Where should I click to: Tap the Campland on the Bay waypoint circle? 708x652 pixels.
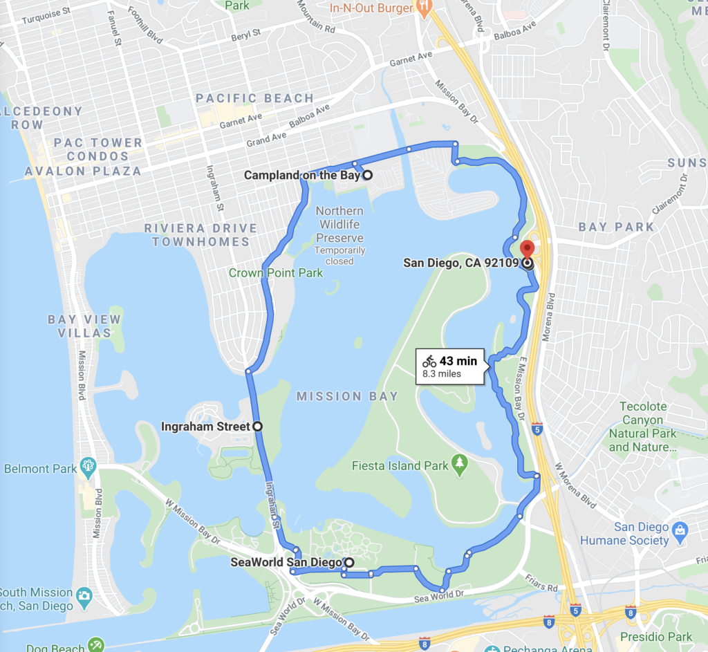tap(368, 175)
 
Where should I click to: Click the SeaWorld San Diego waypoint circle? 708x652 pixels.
tap(349, 562)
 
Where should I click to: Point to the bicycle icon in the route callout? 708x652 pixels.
tap(429, 361)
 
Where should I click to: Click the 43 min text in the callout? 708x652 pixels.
tap(458, 361)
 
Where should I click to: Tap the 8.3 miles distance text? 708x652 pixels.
tap(442, 374)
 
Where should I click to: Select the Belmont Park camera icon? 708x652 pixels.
tap(88, 465)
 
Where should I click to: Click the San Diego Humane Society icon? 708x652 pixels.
tap(681, 530)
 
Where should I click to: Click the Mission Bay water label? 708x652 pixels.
tap(347, 396)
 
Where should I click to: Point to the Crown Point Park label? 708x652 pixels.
tap(276, 273)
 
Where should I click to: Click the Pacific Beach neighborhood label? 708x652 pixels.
tap(254, 98)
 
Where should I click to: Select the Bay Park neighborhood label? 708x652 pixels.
tap(616, 227)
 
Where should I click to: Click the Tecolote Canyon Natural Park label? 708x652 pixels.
tap(642, 427)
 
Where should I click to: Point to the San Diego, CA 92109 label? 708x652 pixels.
tap(460, 263)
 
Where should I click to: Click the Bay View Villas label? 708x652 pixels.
tap(84, 326)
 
